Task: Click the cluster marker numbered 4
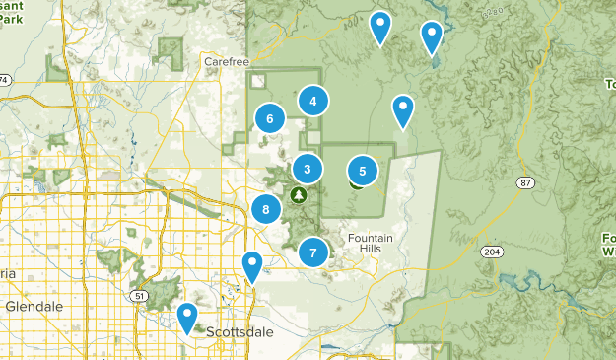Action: [x=312, y=100]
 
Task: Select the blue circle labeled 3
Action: [x=308, y=170]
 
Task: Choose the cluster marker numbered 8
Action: [x=265, y=209]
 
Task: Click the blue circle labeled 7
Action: [x=312, y=252]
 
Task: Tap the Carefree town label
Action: [x=224, y=61]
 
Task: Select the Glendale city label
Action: [x=34, y=307]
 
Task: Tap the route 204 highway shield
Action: [x=491, y=252]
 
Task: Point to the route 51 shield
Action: [x=140, y=296]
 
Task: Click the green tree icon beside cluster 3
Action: [x=297, y=194]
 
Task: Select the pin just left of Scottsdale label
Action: [x=186, y=318]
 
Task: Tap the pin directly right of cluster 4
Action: [x=402, y=109]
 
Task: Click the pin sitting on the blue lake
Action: [x=431, y=36]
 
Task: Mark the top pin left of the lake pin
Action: [x=379, y=26]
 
